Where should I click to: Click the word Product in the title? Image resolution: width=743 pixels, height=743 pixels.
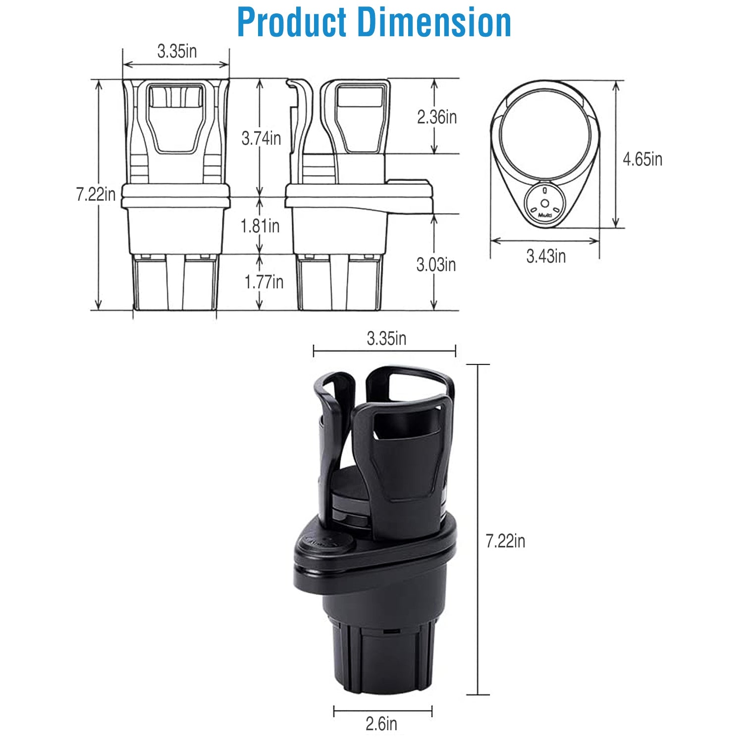[x=292, y=22]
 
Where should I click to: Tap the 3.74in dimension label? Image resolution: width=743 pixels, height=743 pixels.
[x=261, y=138]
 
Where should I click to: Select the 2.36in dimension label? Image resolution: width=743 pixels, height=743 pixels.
[x=436, y=117]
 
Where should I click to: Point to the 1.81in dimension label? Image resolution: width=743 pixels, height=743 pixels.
[x=260, y=226]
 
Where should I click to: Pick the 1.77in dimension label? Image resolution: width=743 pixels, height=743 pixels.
[x=264, y=282]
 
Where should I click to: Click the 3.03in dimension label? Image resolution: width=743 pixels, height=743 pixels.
[x=436, y=265]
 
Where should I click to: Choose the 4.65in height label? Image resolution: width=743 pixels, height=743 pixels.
[x=642, y=159]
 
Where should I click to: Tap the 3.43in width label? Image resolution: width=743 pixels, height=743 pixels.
[x=546, y=257]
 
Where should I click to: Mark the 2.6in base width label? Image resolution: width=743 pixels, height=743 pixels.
[x=381, y=724]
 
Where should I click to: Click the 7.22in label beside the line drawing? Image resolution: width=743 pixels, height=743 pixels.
[x=96, y=194]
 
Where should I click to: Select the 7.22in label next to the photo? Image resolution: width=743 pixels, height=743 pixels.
[x=505, y=541]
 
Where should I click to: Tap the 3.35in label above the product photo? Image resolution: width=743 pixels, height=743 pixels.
[x=386, y=339]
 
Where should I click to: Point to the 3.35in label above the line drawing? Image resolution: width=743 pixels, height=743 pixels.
[x=177, y=51]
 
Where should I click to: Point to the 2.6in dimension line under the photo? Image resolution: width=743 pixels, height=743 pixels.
[x=382, y=712]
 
